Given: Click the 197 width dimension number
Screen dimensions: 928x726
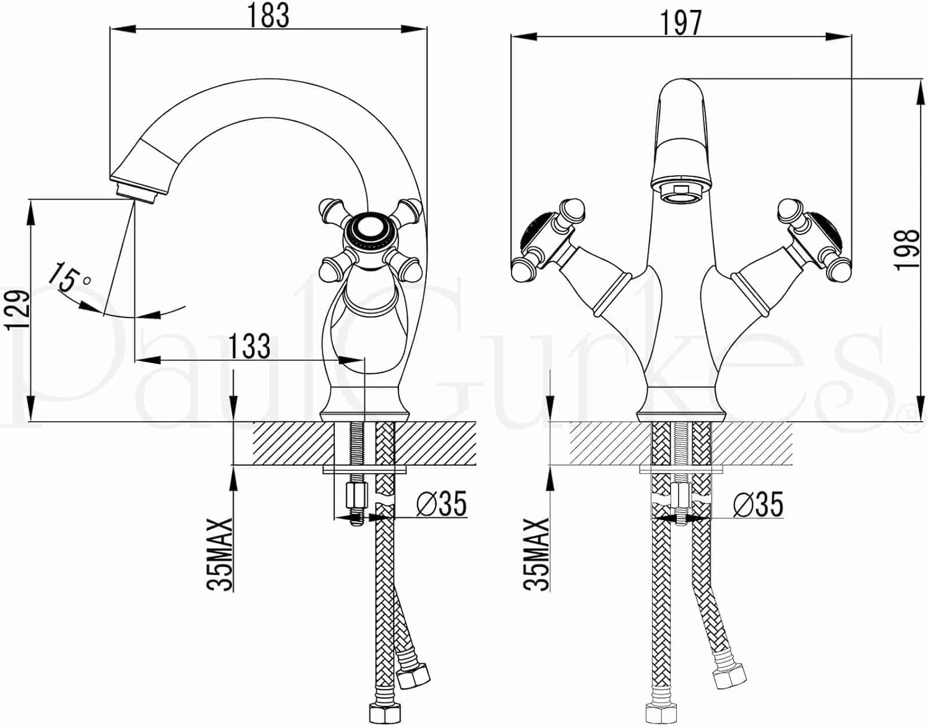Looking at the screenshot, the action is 681,23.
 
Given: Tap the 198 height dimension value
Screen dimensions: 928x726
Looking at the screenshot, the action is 906,249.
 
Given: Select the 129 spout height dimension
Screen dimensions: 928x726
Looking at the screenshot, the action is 17,310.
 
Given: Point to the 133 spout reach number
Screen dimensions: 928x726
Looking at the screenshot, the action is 249,346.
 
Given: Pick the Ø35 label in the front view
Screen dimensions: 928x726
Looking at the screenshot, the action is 758,504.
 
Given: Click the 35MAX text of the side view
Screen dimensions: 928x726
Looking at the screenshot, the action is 220,555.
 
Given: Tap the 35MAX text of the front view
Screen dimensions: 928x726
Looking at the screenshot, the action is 536,555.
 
